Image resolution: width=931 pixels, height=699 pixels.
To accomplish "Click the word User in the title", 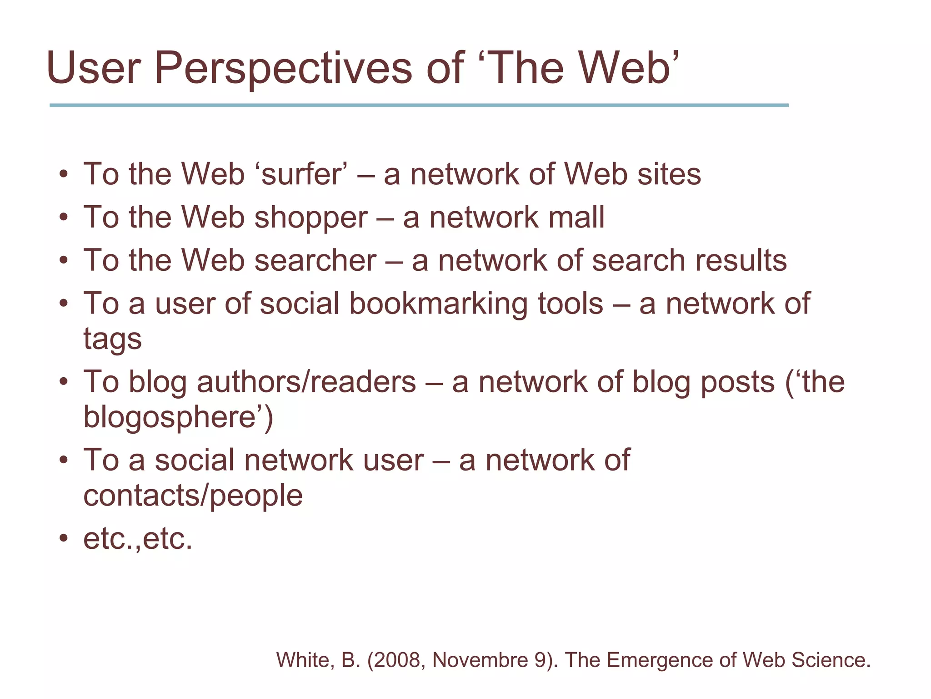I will [94, 68].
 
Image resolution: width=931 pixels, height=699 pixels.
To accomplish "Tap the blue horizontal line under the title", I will [418, 105].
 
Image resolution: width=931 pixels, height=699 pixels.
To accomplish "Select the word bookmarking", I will [438, 304].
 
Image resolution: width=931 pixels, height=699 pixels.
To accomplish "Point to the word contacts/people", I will [193, 496].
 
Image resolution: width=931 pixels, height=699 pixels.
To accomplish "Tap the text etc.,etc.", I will [138, 539].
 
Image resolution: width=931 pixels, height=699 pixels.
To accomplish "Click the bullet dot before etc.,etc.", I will [64, 539].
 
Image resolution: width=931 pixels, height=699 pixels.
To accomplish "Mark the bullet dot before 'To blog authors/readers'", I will [64, 381].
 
